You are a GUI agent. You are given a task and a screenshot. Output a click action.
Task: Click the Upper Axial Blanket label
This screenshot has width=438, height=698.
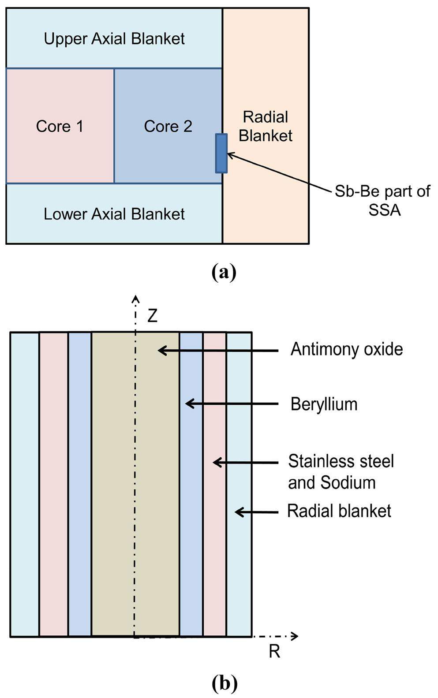coord(114,39)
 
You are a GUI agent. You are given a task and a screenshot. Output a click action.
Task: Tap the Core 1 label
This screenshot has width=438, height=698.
coord(60,127)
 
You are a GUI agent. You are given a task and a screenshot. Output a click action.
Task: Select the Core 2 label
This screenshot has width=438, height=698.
coord(168,127)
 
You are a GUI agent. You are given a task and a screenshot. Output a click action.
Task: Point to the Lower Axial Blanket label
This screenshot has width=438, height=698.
coord(114,214)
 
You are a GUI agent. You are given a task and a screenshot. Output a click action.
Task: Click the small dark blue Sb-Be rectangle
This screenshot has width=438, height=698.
coord(221,153)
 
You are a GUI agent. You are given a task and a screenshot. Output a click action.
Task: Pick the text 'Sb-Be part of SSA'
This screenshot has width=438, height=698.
coord(382,201)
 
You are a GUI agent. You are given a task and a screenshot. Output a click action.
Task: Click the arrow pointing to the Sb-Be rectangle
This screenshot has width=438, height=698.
coord(278,172)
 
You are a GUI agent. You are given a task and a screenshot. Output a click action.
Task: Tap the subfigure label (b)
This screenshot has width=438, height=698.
coord(224,683)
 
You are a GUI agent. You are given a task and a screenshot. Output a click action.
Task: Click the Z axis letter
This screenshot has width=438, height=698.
coord(152,316)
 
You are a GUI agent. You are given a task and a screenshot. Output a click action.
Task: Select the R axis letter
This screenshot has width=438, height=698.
coord(274,651)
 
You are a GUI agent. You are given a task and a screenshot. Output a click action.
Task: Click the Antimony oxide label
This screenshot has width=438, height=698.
coord(347,349)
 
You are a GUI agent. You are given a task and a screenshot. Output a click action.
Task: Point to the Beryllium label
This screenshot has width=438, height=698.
coord(324,404)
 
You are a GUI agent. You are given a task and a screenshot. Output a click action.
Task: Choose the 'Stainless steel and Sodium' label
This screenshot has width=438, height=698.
coord(341,472)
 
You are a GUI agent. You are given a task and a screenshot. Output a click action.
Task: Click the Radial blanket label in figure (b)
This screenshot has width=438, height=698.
coord(339,511)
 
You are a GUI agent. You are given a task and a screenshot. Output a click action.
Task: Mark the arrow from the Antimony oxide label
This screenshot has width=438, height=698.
coord(218,351)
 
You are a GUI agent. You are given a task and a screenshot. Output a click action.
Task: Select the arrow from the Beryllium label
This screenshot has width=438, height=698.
coord(232,403)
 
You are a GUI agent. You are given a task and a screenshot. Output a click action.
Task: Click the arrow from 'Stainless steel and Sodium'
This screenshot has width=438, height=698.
coord(245,463)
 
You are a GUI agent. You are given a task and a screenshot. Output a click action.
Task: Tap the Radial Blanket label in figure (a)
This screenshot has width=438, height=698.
coord(266,127)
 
